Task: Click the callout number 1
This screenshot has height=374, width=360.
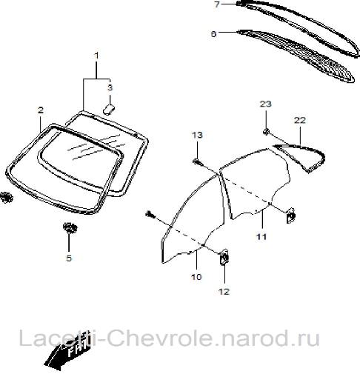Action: [97, 56]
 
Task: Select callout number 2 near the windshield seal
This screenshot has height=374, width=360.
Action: [41, 110]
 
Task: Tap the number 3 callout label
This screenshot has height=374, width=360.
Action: [110, 87]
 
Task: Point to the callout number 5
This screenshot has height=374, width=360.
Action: [69, 258]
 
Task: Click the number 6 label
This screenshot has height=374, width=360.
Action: [213, 34]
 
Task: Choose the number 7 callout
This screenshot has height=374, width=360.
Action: [217, 4]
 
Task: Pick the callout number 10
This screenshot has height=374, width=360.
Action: [196, 277]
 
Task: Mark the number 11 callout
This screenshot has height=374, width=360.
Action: [261, 237]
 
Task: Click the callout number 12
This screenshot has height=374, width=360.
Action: [224, 292]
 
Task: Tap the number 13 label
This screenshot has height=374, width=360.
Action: [197, 135]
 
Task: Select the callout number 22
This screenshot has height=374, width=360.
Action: [300, 120]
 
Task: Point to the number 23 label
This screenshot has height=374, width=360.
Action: [266, 104]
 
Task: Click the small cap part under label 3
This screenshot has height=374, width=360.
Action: [110, 109]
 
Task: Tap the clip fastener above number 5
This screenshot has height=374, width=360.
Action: [70, 227]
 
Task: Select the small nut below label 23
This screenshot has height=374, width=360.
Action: [266, 132]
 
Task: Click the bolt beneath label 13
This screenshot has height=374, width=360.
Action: [198, 162]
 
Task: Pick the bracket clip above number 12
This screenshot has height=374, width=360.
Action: [224, 257]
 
